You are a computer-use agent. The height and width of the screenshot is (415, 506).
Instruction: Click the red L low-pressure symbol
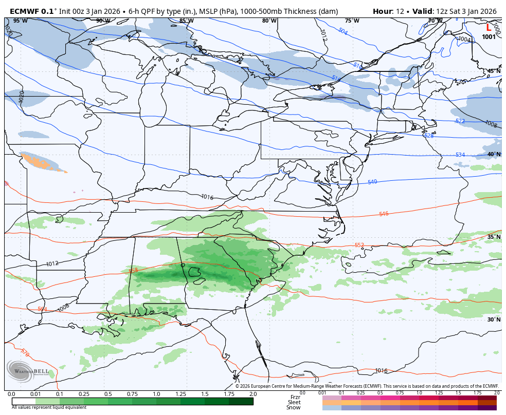tap(489, 28)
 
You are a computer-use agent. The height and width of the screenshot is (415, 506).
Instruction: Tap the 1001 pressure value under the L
tap(489, 37)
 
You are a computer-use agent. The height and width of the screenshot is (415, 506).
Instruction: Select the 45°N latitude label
tap(494, 71)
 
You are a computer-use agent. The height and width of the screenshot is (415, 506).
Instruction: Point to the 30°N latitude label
tap(494, 319)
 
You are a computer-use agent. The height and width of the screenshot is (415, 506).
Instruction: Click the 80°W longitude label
tap(269, 21)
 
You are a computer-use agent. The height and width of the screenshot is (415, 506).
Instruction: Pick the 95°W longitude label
tap(20, 21)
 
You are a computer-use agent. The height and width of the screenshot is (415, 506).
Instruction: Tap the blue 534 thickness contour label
tap(460, 155)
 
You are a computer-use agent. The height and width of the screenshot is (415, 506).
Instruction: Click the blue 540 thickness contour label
tap(372, 182)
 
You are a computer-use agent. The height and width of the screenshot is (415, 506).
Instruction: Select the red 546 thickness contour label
tap(384, 214)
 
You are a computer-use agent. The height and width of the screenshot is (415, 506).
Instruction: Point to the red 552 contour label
tap(359, 245)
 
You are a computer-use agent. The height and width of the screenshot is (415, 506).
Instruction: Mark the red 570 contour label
tap(25, 352)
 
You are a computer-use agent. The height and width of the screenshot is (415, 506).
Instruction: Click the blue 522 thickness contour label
tap(460, 121)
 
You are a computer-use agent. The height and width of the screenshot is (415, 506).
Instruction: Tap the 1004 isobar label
tap(464, 39)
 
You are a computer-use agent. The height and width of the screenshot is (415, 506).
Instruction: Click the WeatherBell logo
tap(28, 372)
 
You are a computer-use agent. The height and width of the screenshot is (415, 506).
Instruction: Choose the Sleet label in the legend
tap(294, 402)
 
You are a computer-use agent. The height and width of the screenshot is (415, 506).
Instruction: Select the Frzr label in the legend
tap(295, 397)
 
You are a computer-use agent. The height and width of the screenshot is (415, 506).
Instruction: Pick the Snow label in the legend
tap(294, 407)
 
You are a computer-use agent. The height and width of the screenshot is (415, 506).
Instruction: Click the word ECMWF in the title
tap(24, 11)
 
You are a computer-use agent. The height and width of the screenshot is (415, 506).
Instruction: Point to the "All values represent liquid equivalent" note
tap(49, 407)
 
